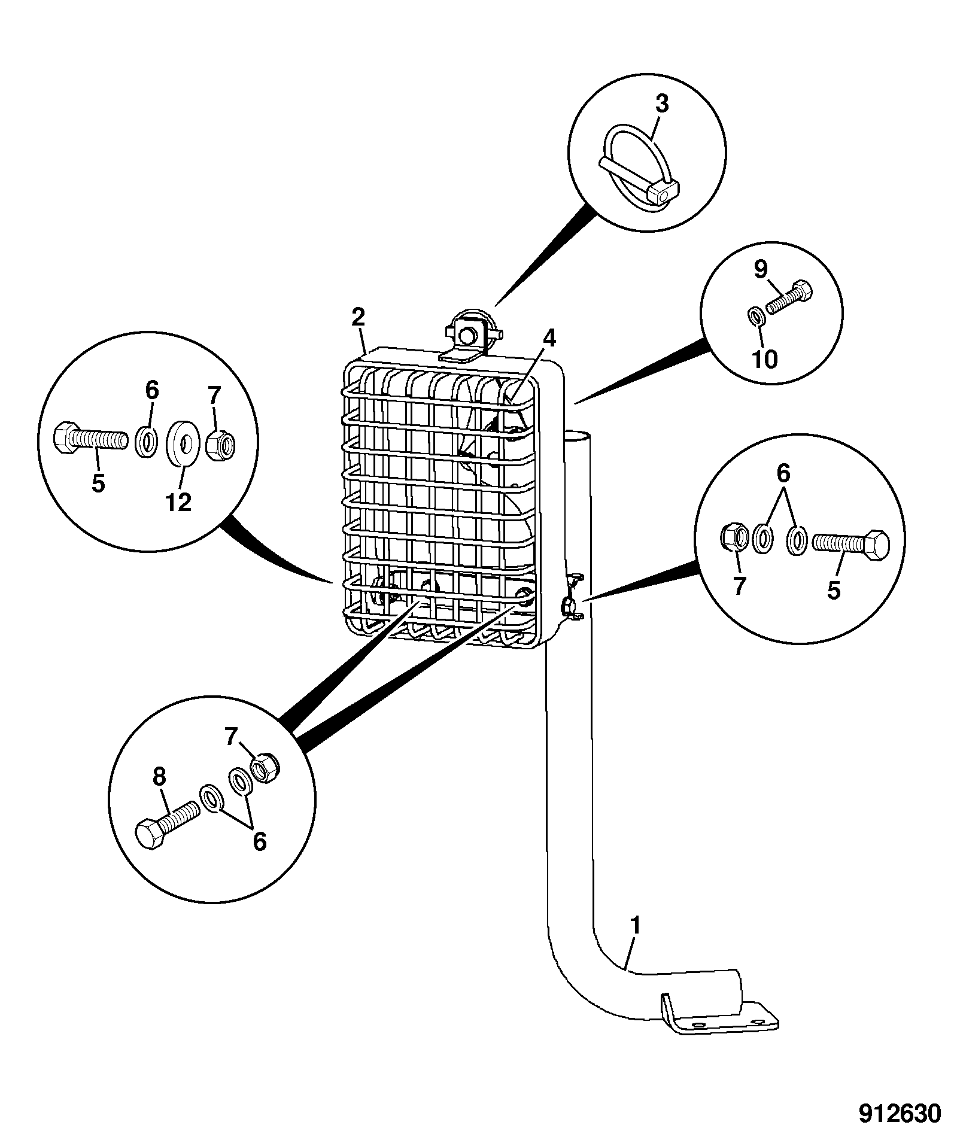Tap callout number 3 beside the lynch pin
[x=661, y=104]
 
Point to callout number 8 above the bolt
[x=159, y=777]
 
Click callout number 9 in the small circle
[x=760, y=270]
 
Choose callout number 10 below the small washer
[x=765, y=359]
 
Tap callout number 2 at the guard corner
[x=358, y=317]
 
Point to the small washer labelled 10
[x=756, y=315]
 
